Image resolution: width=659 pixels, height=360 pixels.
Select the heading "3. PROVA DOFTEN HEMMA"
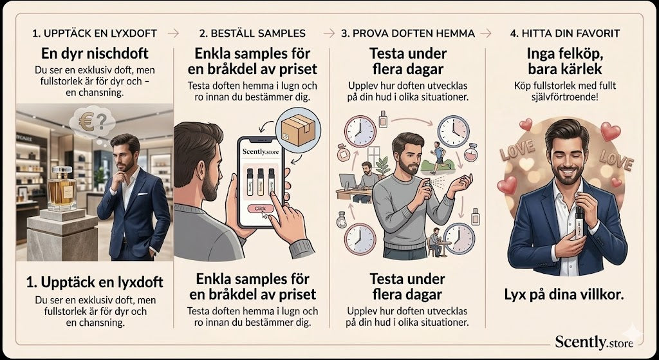[407, 33]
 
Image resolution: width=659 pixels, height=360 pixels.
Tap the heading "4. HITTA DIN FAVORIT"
[565, 33]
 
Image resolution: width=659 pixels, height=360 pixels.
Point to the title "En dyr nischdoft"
[95, 53]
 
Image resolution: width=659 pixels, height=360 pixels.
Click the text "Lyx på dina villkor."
[564, 295]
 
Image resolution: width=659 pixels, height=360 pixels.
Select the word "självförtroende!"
[564, 97]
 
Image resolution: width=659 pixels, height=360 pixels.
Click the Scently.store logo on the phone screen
[261, 152]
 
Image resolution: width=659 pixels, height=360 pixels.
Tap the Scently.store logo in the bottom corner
[594, 341]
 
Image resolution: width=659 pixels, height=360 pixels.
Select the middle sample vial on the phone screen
[261, 182]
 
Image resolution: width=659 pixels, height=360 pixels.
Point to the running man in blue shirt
[439, 157]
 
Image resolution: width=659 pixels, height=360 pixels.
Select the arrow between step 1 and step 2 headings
[173, 33]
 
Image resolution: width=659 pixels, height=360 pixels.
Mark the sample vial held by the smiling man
[580, 223]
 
